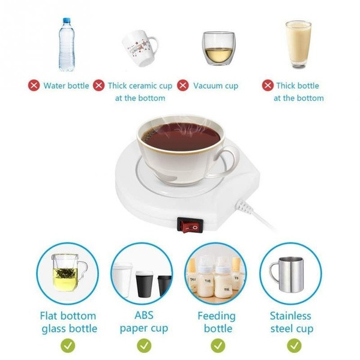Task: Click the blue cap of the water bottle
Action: (x=66, y=20)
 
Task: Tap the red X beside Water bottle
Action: (x=34, y=85)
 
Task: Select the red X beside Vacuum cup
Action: (x=183, y=85)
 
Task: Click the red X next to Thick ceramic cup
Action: (x=99, y=85)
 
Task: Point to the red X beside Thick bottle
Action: (x=268, y=85)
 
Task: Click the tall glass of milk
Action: (x=298, y=44)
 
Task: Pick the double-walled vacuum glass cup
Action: (x=218, y=49)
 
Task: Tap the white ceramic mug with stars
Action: (x=140, y=48)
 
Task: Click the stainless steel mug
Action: (x=287, y=275)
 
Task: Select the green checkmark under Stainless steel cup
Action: (x=294, y=346)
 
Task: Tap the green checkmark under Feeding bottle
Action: (x=218, y=346)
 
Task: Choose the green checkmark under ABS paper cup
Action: (x=144, y=346)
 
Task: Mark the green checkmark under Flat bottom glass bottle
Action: (x=68, y=346)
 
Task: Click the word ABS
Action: (x=144, y=315)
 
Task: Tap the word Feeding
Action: (x=217, y=316)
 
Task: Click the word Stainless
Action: (x=290, y=316)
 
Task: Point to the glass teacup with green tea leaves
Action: (x=68, y=272)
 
